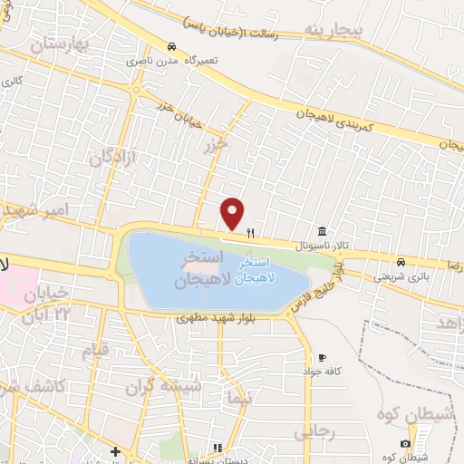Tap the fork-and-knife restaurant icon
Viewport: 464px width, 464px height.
coord(250,233)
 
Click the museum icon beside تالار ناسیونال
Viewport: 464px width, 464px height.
coord(322,231)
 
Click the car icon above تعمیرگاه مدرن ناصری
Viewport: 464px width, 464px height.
coord(171,45)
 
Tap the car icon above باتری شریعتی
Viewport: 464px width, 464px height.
coord(401,262)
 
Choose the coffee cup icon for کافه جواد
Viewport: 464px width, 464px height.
coord(322,358)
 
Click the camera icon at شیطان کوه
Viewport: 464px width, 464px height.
coord(404,443)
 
